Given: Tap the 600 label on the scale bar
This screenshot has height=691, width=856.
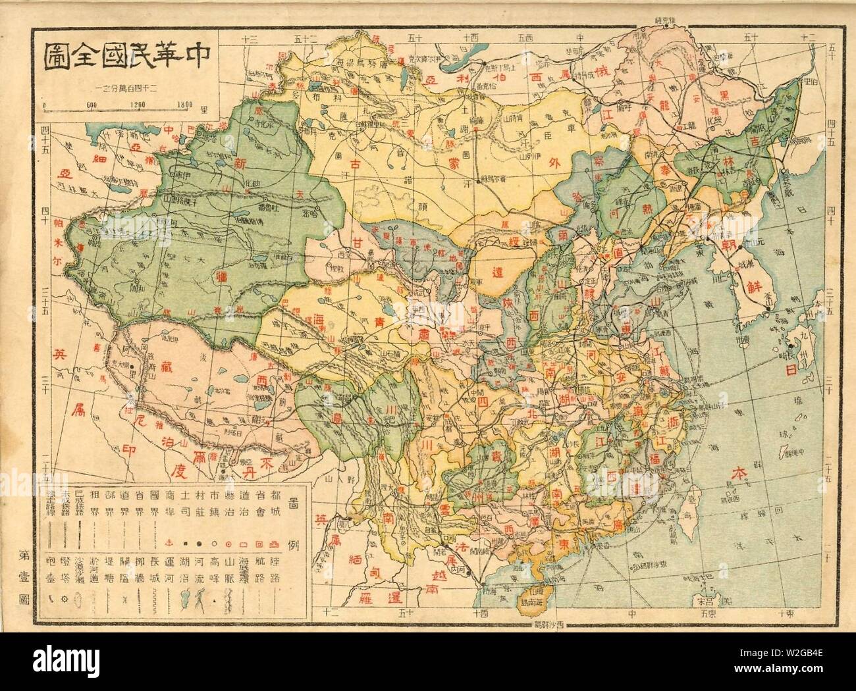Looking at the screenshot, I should click(92, 103).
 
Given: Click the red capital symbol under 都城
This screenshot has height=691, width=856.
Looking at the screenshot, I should click(275, 545).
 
